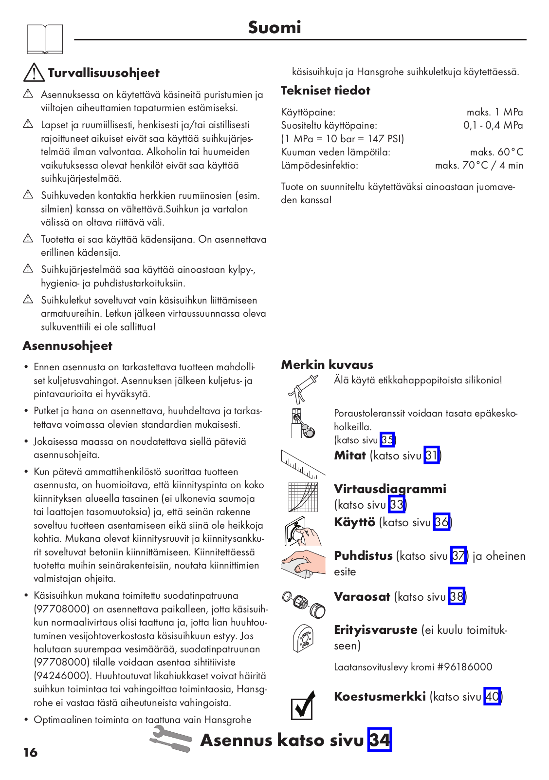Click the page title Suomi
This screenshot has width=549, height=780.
(x=274, y=27)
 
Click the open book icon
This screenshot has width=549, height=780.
(x=45, y=39)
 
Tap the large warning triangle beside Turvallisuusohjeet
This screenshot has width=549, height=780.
(x=34, y=73)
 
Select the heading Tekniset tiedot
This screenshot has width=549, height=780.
(x=325, y=91)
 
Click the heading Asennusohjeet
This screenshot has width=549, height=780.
(x=67, y=346)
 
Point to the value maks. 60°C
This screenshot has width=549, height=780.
(x=496, y=152)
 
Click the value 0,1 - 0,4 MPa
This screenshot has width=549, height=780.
(x=493, y=125)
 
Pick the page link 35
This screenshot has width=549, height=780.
(x=387, y=440)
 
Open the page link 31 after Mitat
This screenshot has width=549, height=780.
(x=432, y=456)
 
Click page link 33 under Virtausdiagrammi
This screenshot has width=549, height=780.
(x=397, y=504)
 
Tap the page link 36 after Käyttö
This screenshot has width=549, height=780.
(x=441, y=522)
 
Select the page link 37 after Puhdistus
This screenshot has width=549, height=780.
(x=458, y=556)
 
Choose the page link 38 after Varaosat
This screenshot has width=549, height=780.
(x=457, y=597)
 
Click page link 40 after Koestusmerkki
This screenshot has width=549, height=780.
(x=492, y=697)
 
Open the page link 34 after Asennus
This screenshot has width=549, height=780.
(x=380, y=740)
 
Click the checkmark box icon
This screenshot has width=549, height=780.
(x=302, y=705)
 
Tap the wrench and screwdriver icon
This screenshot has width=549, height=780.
(x=171, y=739)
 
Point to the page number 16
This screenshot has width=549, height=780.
(x=30, y=753)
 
